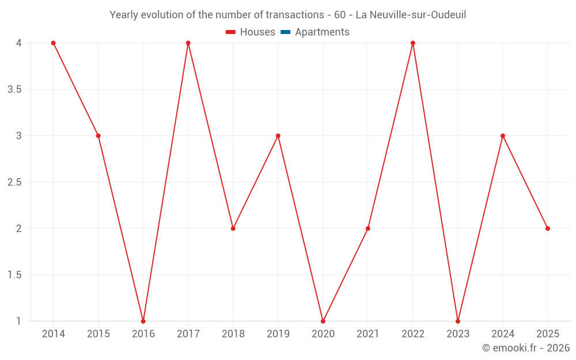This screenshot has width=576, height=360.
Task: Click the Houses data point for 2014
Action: (53, 43)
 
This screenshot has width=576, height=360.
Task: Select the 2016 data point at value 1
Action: (143, 321)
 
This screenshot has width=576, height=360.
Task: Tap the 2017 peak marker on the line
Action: (188, 43)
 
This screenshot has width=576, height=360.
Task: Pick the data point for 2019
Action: (278, 136)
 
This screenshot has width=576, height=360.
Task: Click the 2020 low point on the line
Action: (323, 321)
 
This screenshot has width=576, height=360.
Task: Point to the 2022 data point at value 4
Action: (412, 43)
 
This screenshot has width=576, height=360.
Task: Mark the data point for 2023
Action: (457, 321)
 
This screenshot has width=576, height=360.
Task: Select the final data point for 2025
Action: (547, 229)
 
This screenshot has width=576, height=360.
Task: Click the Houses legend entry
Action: (257, 32)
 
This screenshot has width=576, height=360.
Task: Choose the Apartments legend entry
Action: (322, 32)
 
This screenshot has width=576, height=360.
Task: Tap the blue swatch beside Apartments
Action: (285, 32)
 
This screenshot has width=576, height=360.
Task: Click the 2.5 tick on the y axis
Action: (14, 183)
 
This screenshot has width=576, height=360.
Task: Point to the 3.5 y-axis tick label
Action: (14, 90)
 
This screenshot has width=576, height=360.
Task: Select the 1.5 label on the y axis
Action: (14, 275)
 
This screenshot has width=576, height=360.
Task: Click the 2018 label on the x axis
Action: (233, 334)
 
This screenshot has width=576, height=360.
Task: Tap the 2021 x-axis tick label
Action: (367, 334)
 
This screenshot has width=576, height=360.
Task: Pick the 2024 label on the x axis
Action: (502, 334)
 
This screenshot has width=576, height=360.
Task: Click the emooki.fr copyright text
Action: (525, 348)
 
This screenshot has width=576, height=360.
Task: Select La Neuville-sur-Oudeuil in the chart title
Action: (411, 14)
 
